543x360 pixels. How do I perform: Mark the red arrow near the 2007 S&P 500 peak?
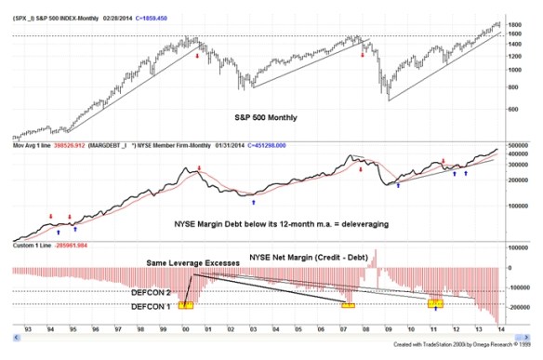click(364, 55)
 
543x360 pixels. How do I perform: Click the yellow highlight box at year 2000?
click(186, 303)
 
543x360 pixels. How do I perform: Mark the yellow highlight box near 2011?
click(435, 303)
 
